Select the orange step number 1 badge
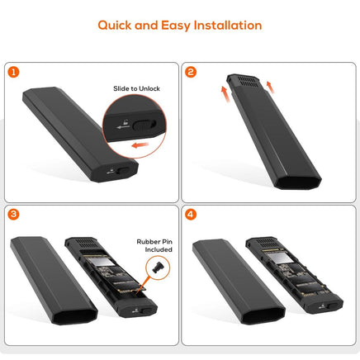click(14, 72)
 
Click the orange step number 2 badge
click(192, 72)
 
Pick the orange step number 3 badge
click(14, 214)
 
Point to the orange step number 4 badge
click(192, 214)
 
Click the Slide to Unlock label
click(138, 88)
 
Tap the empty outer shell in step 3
click(40, 281)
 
